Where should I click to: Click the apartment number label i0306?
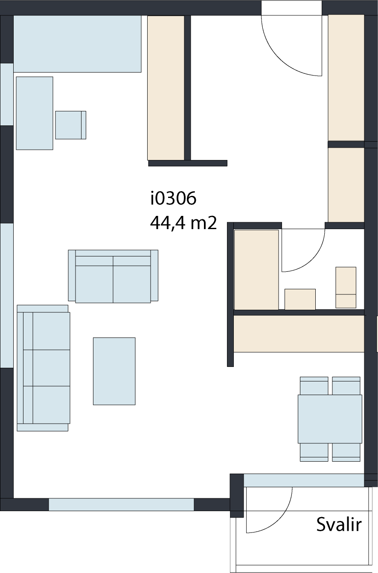[x=173, y=198]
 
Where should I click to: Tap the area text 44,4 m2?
[x=183, y=223]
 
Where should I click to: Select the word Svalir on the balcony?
[x=339, y=524]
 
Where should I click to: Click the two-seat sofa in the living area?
[x=113, y=276]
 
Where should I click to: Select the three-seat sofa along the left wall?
[x=44, y=368]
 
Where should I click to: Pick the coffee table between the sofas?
[x=114, y=372]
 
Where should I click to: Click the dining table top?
[x=330, y=419]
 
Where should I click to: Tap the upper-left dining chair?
[x=314, y=386]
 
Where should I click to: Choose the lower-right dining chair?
[x=346, y=452]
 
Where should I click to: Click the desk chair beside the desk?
[x=70, y=125]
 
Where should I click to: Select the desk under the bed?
[x=35, y=113]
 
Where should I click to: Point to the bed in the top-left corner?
[x=77, y=44]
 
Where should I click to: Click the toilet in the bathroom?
[x=346, y=288]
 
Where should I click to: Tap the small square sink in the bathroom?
[x=300, y=299]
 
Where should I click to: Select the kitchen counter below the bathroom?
[x=299, y=334]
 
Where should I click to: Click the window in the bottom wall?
[x=121, y=504]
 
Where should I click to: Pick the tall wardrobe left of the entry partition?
[x=166, y=88]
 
